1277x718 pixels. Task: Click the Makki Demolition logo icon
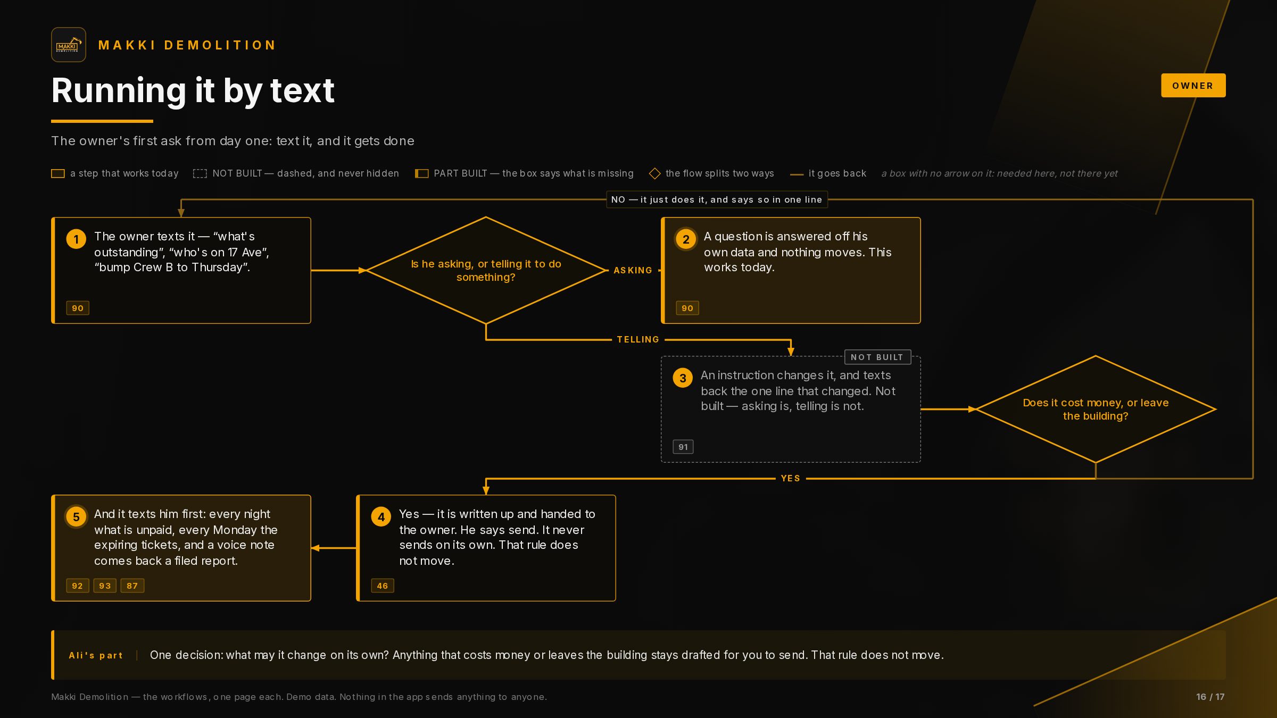[69, 45]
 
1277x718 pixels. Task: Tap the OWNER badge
[1193, 86]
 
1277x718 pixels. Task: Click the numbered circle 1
[76, 239]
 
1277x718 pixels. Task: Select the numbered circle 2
[686, 239]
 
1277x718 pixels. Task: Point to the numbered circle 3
[683, 378]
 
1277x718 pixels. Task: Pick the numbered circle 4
[381, 516]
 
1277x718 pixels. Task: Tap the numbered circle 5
[76, 516]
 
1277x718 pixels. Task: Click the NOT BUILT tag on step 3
[877, 357]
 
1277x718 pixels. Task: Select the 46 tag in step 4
[383, 586]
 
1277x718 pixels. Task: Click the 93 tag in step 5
[105, 586]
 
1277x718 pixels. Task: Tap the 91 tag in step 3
[683, 447]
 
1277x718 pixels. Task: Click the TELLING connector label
[638, 339]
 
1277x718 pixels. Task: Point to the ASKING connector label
[633, 270]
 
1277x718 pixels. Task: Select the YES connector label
[791, 478]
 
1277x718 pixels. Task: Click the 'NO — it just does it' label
[717, 199]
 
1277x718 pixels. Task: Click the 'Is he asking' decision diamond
[486, 270]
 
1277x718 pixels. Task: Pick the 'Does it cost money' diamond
[1096, 409]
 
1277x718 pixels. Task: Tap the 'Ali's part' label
[96, 655]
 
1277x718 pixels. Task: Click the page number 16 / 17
[1210, 697]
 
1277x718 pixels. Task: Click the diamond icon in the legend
[655, 173]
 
